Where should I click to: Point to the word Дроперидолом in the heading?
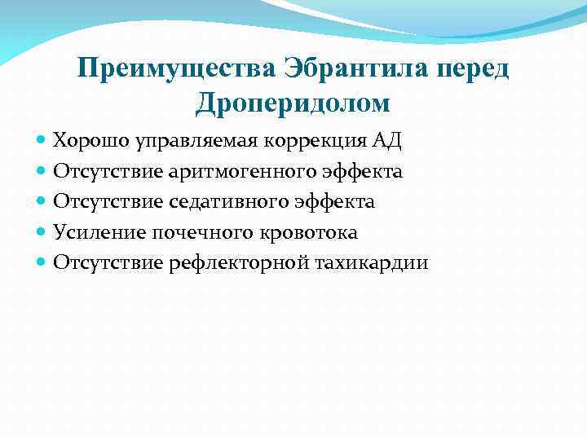(x=293, y=103)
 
